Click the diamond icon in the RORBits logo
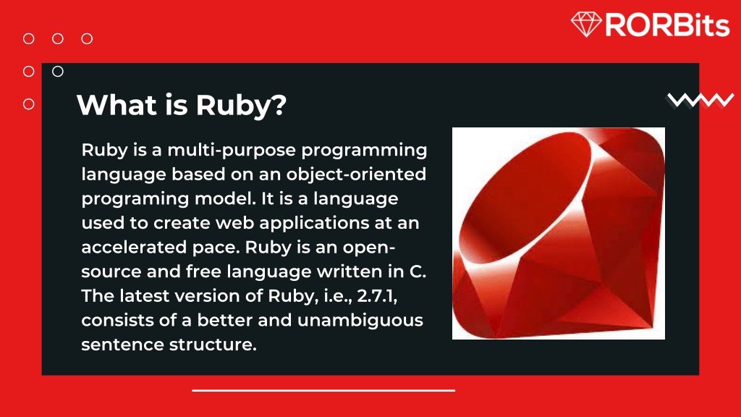pyautogui.click(x=586, y=24)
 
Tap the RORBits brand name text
pyautogui.click(x=666, y=25)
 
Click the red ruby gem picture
pyautogui.click(x=558, y=233)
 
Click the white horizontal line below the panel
pyautogui.click(x=323, y=390)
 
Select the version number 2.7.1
pyautogui.click(x=377, y=296)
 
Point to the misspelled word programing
pyautogui.click(x=124, y=198)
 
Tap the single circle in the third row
pyautogui.click(x=29, y=104)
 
